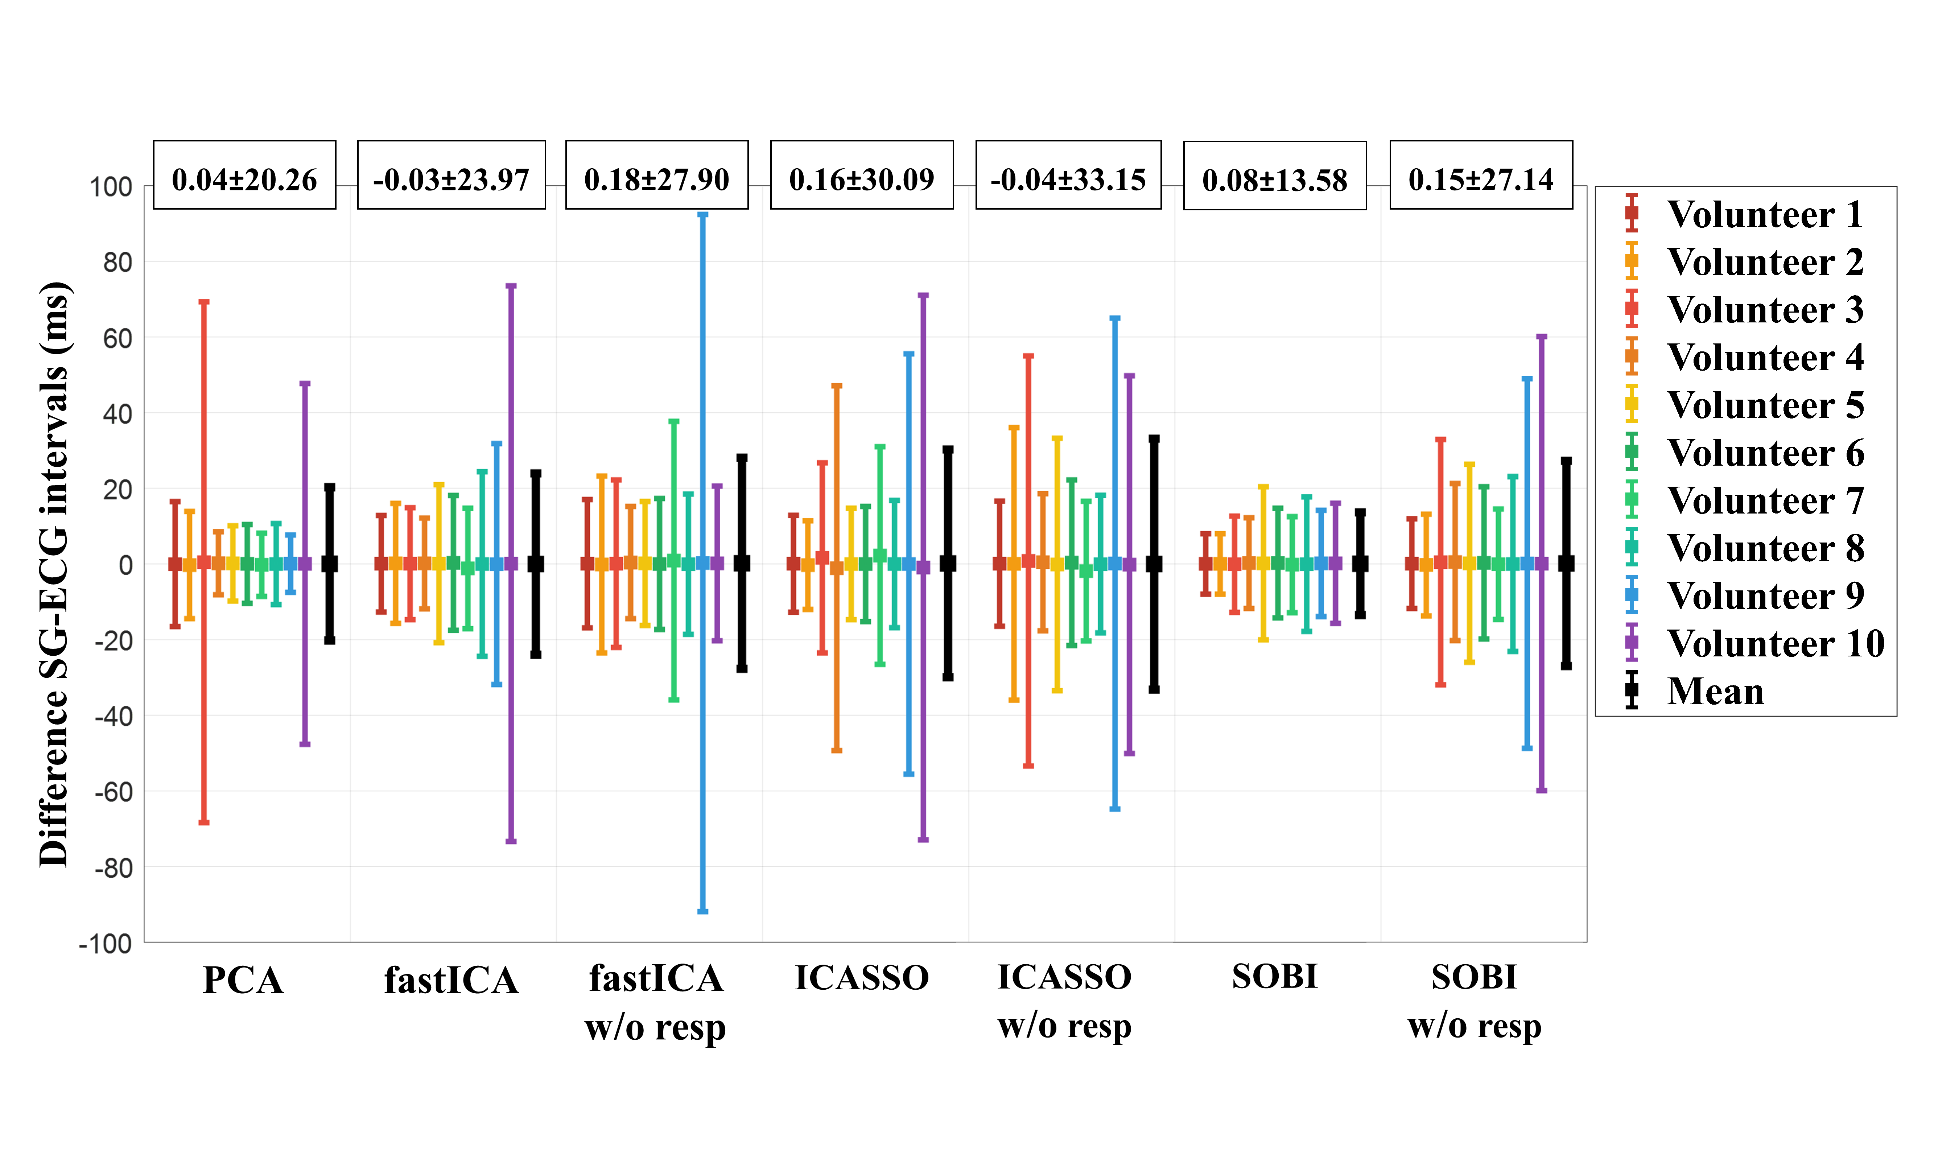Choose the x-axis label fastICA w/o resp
pyautogui.click(x=656, y=1002)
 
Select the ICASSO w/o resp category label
pyautogui.click(x=1064, y=1001)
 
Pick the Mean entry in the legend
pyautogui.click(x=1715, y=692)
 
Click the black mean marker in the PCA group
pyautogui.click(x=330, y=564)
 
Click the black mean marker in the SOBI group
pyautogui.click(x=1360, y=564)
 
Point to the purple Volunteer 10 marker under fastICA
pyautogui.click(x=511, y=564)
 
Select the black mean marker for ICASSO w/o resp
pyautogui.click(x=1154, y=564)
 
